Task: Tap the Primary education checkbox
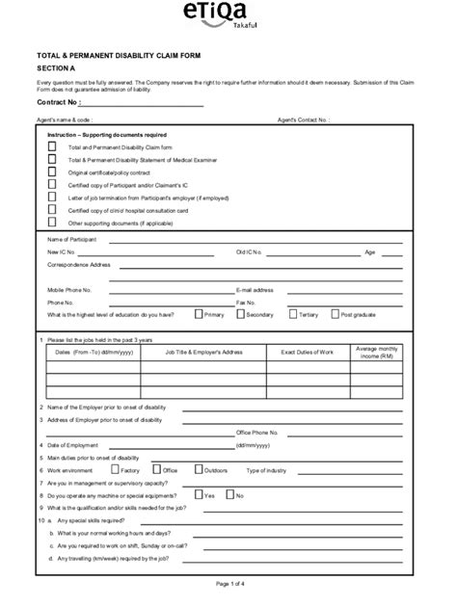click(x=199, y=313)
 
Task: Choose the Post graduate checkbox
click(x=334, y=313)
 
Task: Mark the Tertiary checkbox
click(x=291, y=313)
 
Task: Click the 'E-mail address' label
click(x=255, y=289)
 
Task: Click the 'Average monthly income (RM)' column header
click(x=376, y=353)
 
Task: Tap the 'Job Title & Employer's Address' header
click(x=203, y=353)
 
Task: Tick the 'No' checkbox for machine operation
click(x=229, y=494)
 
